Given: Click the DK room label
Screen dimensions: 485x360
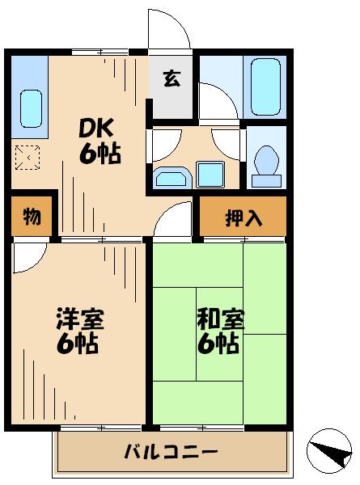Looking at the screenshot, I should (x=98, y=128).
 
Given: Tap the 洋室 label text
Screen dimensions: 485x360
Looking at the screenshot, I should (x=78, y=317).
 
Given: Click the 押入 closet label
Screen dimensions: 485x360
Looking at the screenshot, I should (x=243, y=218).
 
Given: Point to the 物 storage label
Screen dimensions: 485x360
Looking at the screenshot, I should (x=32, y=217).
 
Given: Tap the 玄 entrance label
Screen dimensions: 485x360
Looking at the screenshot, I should (x=172, y=79).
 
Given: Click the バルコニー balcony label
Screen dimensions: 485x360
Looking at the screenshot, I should (x=170, y=450).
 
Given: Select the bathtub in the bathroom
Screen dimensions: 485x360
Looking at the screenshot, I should (x=265, y=86).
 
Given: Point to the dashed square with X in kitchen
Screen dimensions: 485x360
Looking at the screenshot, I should (x=27, y=155).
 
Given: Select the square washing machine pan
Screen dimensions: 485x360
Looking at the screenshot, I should (x=212, y=174).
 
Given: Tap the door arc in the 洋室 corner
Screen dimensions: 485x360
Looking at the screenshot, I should (x=28, y=257).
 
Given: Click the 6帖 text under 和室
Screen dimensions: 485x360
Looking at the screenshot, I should (x=218, y=344).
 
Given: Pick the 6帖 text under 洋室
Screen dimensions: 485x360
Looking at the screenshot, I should (x=78, y=344).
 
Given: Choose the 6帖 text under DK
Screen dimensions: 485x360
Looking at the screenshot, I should (x=99, y=154).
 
